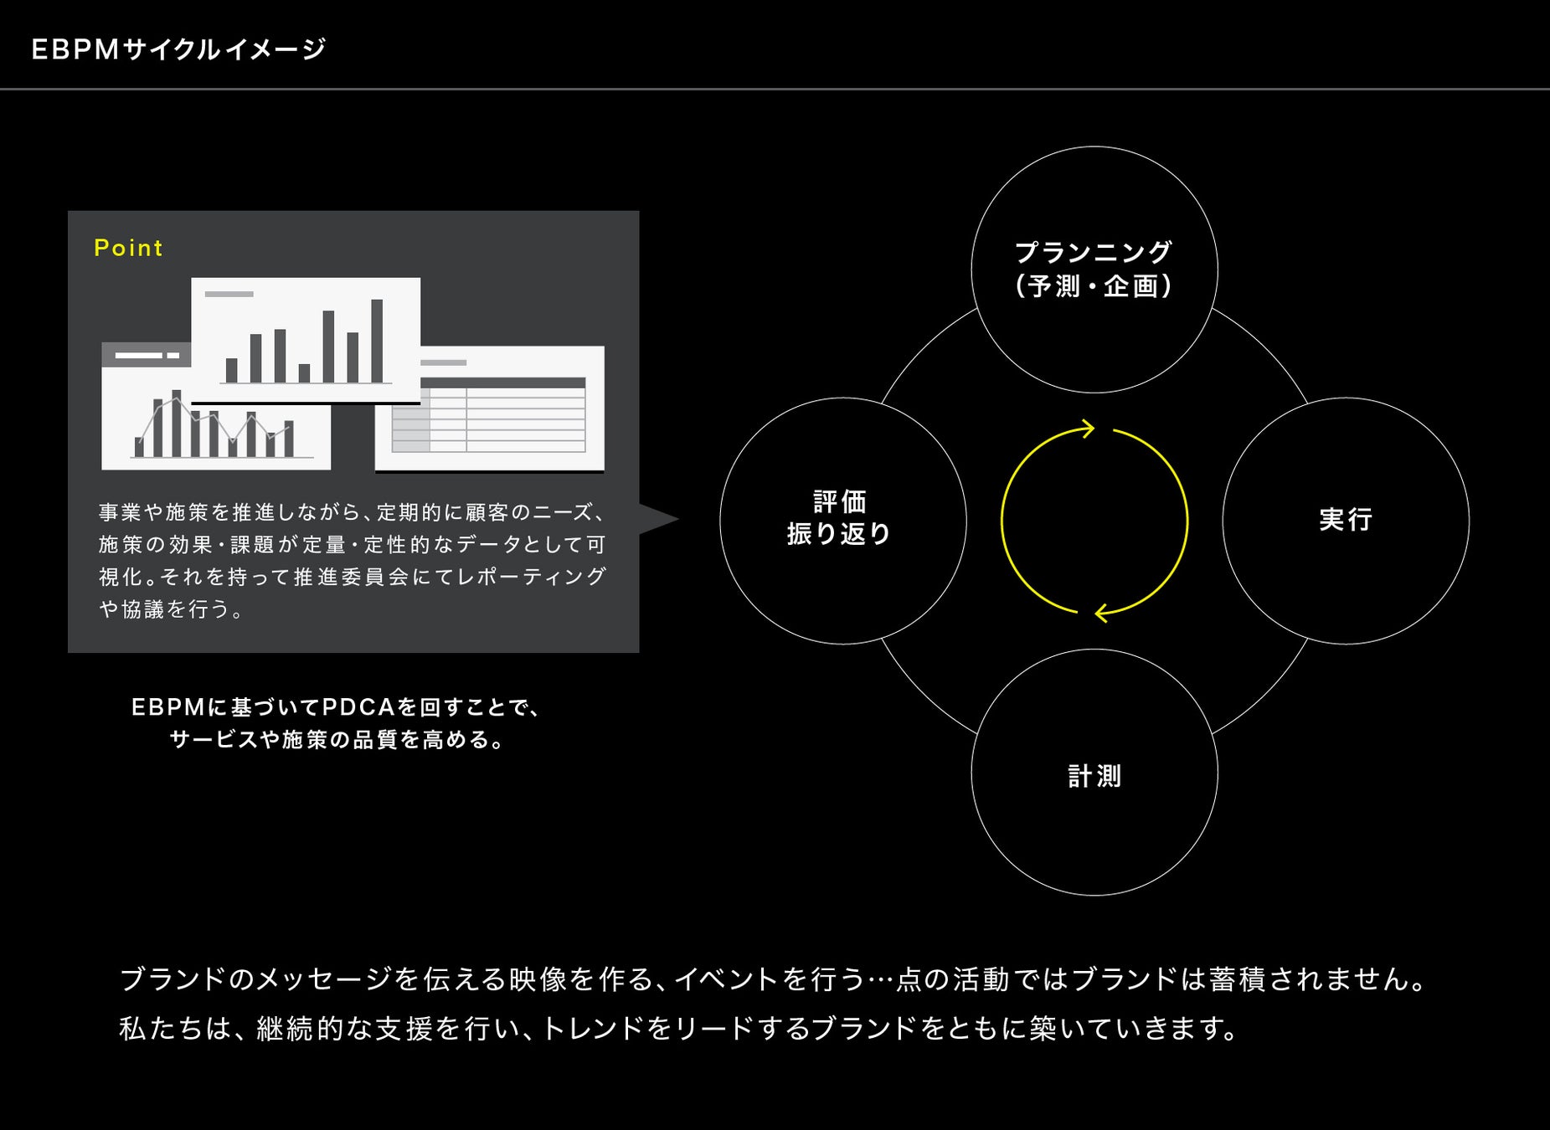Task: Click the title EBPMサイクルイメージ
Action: click(x=178, y=50)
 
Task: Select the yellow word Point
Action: click(x=128, y=248)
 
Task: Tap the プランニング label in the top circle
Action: click(x=1094, y=252)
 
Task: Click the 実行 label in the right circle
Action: click(x=1346, y=520)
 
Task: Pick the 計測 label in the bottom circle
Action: click(x=1094, y=777)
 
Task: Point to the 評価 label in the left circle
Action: click(x=840, y=502)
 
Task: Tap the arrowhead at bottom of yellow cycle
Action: click(x=1102, y=613)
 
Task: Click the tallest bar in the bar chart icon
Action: click(x=377, y=341)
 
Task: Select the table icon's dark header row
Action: click(x=502, y=383)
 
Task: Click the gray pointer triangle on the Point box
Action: click(x=657, y=519)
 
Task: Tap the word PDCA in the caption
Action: click(x=358, y=708)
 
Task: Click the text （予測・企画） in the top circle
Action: click(x=1094, y=286)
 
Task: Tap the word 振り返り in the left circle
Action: click(x=840, y=534)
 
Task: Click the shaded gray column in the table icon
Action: click(x=410, y=428)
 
